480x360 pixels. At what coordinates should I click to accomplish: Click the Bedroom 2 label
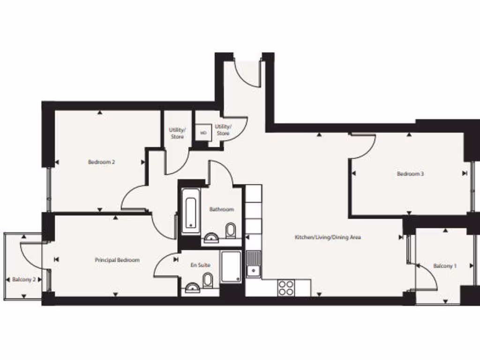[101, 162]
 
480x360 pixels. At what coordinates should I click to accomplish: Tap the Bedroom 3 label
[410, 174]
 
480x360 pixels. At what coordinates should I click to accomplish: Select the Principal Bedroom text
[117, 260]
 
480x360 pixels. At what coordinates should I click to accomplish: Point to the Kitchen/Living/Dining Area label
[327, 237]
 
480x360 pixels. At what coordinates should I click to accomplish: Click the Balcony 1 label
[445, 266]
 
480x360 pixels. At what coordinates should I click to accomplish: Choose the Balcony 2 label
[24, 279]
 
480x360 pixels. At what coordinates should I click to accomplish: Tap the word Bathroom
[221, 210]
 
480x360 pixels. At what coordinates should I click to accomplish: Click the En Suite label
[200, 265]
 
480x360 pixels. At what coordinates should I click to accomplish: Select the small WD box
[203, 133]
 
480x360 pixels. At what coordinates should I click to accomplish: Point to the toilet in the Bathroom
[231, 230]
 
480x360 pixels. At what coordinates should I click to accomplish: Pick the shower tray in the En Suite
[231, 267]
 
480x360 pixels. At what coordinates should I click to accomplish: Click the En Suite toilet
[208, 280]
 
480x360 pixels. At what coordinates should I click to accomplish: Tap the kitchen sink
[253, 264]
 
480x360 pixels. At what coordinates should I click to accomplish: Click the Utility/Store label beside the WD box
[223, 130]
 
